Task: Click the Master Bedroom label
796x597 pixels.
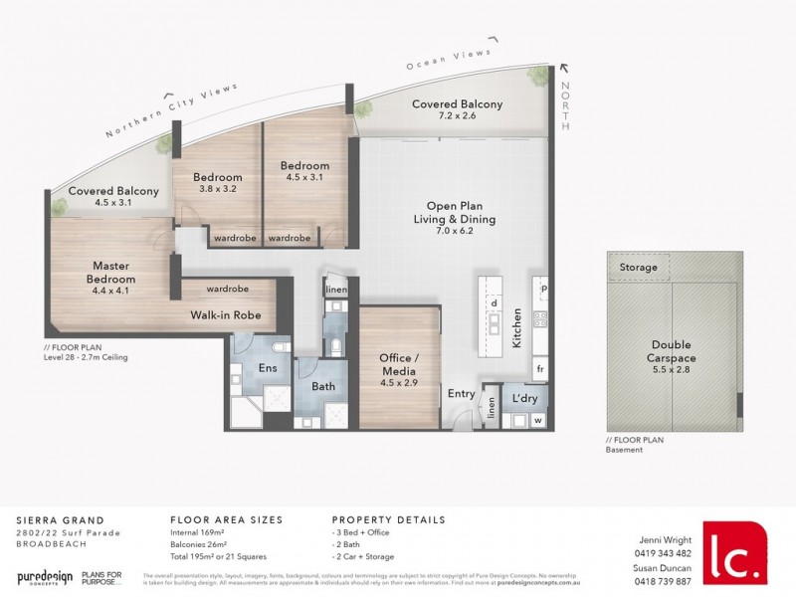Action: tap(112, 273)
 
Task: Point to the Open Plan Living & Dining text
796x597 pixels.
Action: tap(454, 213)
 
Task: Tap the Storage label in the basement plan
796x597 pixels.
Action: tap(638, 268)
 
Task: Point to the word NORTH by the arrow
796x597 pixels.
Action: tap(567, 107)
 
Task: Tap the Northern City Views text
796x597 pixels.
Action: tap(172, 110)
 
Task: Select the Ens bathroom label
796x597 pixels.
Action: tap(267, 367)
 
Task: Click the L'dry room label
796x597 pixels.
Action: tap(524, 398)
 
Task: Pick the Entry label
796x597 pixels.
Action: tap(462, 394)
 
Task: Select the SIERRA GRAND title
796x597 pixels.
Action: tap(51, 519)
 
